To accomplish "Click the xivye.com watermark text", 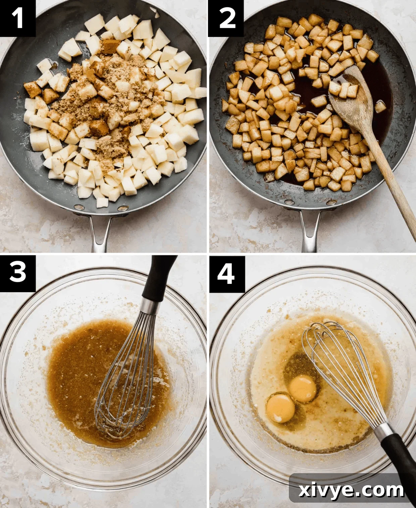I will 351,490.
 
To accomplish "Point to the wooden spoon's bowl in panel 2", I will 351,101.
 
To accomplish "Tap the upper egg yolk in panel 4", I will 303,388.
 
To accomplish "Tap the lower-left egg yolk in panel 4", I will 280,407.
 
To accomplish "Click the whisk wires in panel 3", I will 126,379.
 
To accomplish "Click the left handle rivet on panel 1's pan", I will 79,207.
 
